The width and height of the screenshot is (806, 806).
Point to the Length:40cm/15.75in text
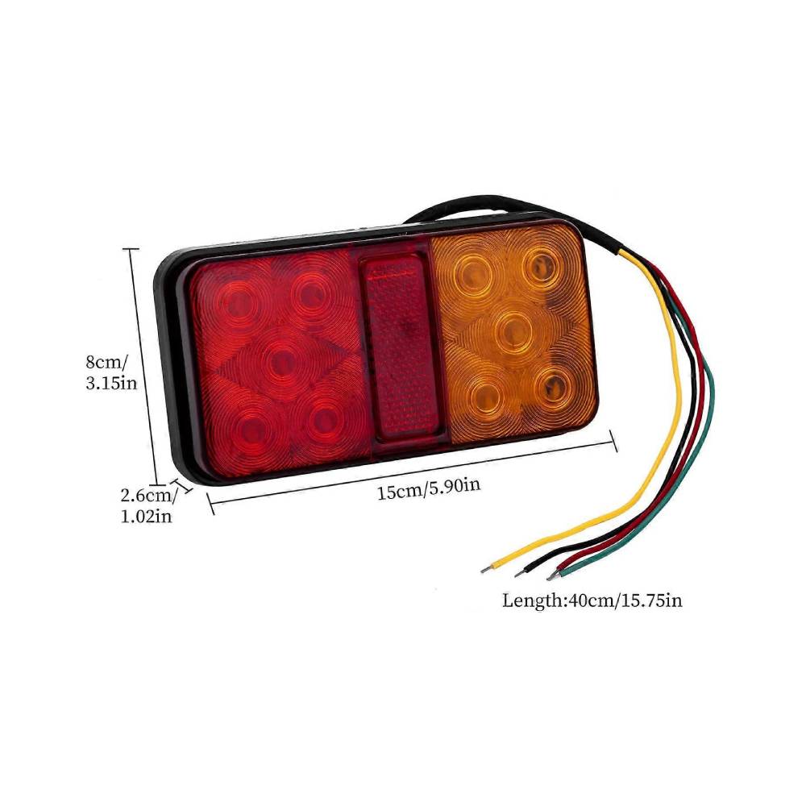[592, 600]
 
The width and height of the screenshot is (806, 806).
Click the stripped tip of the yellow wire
[484, 567]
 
